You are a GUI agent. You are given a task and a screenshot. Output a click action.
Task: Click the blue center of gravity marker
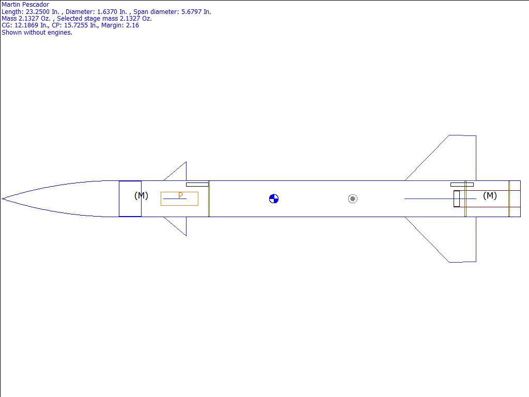tap(274, 199)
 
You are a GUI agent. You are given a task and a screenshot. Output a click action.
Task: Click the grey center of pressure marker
tap(352, 199)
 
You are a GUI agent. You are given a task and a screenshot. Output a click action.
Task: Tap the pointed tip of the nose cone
tap(2, 199)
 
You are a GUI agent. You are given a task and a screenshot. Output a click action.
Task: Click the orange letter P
tap(180, 195)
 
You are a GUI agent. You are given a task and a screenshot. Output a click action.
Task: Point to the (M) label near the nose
tap(141, 195)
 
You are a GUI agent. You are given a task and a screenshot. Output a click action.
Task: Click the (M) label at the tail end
tap(490, 195)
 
